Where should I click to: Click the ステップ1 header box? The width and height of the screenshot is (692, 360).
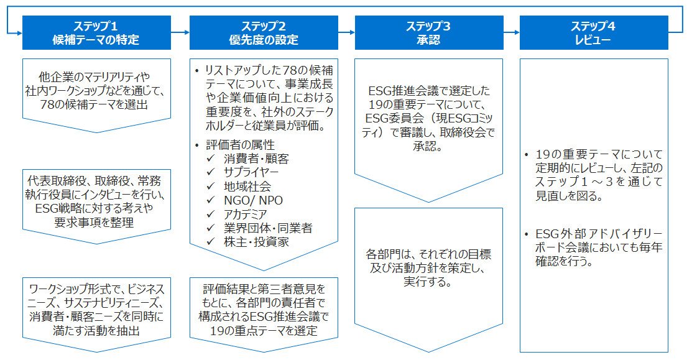pos(96,33)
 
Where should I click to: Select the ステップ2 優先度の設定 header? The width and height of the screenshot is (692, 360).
pos(264,33)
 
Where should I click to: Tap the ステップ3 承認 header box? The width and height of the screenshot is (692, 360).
pos(428,33)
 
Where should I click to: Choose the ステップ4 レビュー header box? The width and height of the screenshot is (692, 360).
pos(594,33)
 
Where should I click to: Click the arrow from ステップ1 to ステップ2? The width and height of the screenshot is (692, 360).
pos(180,32)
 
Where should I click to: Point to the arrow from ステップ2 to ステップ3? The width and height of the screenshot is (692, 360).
pos(346,32)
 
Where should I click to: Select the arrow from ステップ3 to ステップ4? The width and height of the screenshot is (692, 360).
pos(511,32)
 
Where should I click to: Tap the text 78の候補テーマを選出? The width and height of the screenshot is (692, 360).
pos(96,104)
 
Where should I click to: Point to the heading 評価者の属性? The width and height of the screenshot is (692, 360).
pos(240,145)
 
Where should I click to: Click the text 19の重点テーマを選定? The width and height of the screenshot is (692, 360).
pos(264,330)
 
